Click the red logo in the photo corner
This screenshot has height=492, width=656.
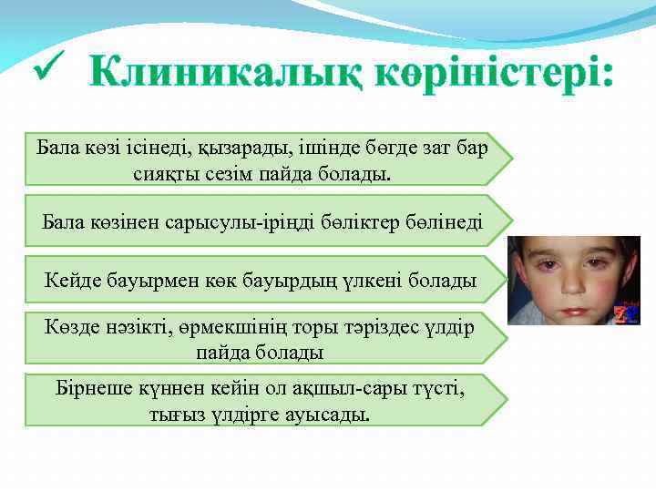click(x=629, y=315)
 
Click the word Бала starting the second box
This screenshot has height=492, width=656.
click(x=61, y=221)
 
